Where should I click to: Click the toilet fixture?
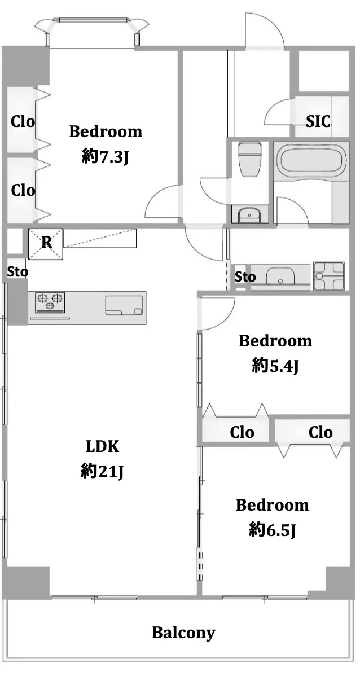click(249, 159)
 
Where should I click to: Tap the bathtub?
click(311, 160)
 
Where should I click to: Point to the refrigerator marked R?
click(46, 244)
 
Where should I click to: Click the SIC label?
click(318, 121)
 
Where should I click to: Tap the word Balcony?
click(183, 633)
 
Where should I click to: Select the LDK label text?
click(102, 447)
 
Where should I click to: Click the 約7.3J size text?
click(106, 158)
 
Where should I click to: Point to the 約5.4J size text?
click(275, 366)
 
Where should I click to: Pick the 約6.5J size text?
click(272, 530)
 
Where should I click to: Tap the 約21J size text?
click(102, 472)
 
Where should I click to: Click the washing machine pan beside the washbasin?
click(329, 275)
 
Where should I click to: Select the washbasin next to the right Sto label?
click(280, 276)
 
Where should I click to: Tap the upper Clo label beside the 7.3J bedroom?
click(23, 121)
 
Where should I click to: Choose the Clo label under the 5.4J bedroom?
click(242, 432)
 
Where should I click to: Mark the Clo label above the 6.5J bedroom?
click(321, 432)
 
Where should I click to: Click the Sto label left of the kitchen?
click(17, 272)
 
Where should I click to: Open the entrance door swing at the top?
click(265, 29)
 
